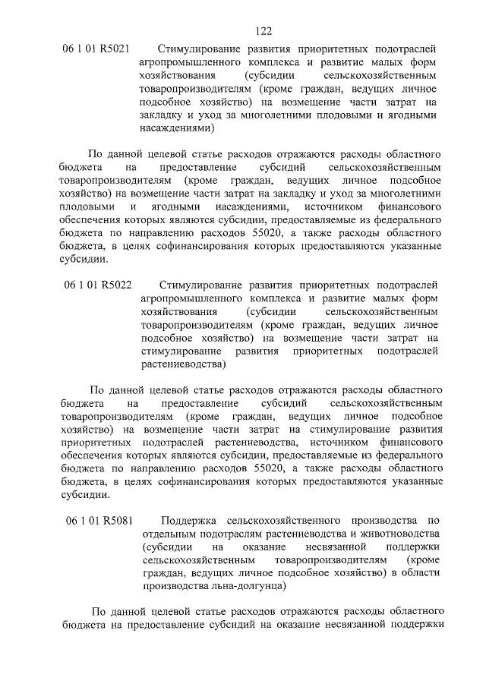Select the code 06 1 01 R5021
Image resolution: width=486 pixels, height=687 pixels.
click(96, 49)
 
